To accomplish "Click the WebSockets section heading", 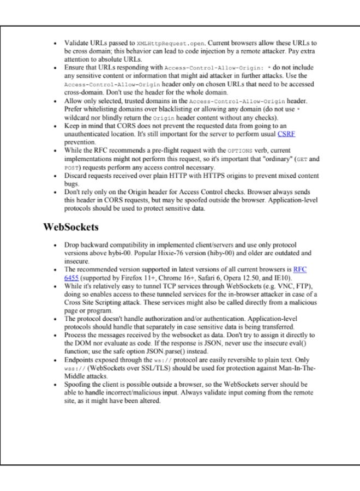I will tap(70, 226).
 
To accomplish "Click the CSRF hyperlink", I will tap(286, 133).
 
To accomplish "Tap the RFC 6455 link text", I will tap(299, 269).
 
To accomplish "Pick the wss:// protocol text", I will tap(74, 369).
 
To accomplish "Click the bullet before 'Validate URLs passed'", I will tap(55, 43).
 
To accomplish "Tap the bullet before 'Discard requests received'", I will tap(55, 176).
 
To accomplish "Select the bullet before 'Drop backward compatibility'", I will tap(55, 245).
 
